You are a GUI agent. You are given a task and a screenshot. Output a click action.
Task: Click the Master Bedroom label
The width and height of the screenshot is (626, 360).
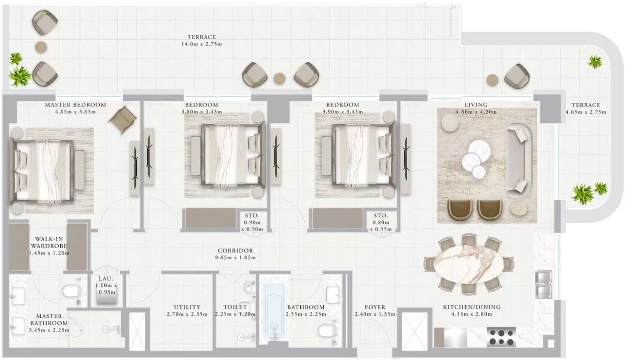[76, 105]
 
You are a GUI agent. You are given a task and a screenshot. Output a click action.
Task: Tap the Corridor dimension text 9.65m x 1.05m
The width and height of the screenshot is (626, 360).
[235, 258]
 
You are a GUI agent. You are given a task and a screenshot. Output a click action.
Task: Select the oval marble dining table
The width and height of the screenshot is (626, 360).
[469, 264]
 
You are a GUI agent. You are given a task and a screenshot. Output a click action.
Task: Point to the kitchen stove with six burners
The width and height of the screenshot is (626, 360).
[501, 337]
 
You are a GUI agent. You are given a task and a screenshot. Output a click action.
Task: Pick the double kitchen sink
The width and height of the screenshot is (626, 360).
[544, 284]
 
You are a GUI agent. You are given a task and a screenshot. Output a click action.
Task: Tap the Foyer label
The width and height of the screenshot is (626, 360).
[375, 307]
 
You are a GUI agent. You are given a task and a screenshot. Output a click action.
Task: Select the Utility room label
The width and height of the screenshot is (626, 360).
[187, 307]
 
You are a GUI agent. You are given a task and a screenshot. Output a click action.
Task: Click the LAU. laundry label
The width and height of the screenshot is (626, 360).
[106, 279]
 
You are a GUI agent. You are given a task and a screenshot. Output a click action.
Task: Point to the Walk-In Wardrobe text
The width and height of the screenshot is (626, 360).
[49, 243]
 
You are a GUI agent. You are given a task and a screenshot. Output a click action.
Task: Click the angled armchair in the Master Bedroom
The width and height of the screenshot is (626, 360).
[123, 120]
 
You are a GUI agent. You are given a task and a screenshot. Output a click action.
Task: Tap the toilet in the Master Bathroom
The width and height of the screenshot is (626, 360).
[72, 291]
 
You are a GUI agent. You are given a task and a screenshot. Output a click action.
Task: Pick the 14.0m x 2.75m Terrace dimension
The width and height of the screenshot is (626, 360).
[201, 44]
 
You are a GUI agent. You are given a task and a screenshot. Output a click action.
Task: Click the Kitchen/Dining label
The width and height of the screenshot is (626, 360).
[472, 307]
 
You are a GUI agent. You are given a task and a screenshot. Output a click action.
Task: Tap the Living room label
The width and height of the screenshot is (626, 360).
[476, 105]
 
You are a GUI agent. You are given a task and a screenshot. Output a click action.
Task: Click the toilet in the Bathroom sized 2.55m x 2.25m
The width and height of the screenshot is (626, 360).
[327, 331]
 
